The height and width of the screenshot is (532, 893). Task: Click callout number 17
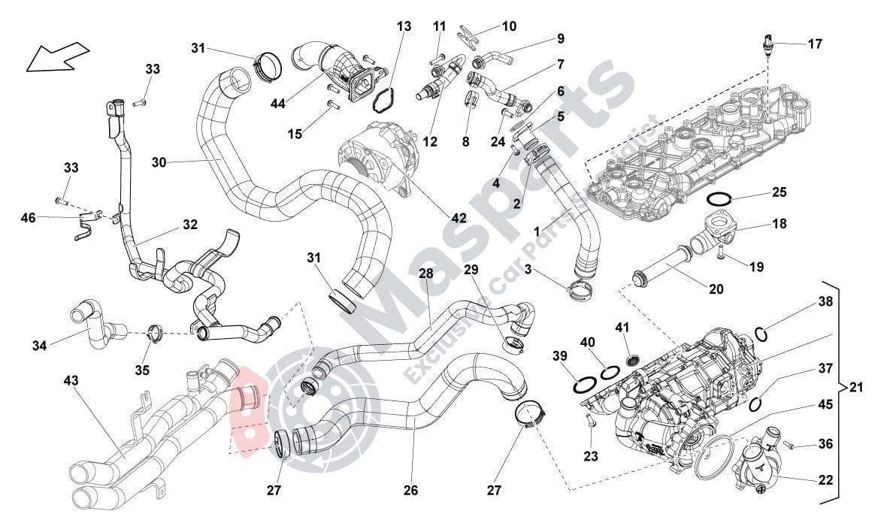click(815, 44)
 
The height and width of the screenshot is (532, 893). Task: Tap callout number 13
click(404, 26)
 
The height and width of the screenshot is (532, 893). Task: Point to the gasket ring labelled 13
click(384, 101)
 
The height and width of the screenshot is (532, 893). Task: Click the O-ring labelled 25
click(720, 199)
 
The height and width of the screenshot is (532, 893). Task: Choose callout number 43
click(71, 381)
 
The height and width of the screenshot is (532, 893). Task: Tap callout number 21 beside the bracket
click(855, 388)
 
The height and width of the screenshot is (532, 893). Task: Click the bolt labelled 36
click(789, 446)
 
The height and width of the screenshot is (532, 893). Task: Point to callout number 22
click(825, 478)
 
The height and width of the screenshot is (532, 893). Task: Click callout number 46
click(28, 219)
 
